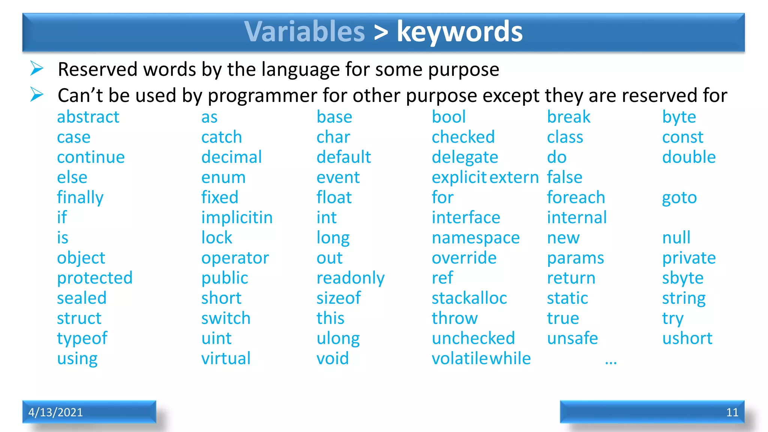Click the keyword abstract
coord(88,117)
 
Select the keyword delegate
coord(465,157)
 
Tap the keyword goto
coord(679,198)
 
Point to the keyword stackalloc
coord(469,298)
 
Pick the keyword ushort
coord(687,338)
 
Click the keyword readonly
coord(350,278)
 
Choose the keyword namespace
coord(475,238)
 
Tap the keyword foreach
coord(576,198)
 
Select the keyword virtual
coord(226,358)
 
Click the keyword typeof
coord(82,339)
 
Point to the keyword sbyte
coord(682,278)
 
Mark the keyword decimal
coord(231,157)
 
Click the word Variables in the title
coord(304,31)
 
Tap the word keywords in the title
coord(459,31)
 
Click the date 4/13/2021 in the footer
coord(55,412)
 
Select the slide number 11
coord(732,412)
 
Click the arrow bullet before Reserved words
coord(37,69)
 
